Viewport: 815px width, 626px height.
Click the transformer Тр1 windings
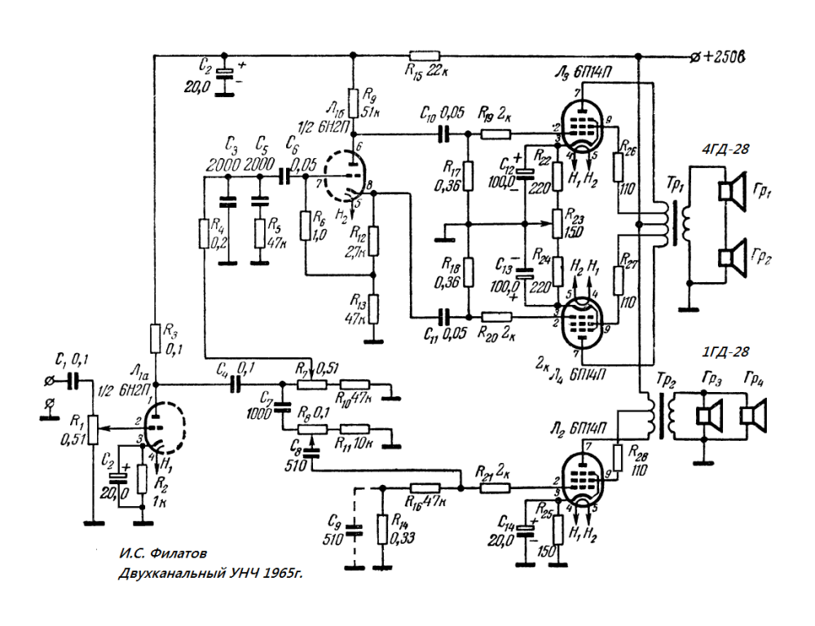[x=673, y=220]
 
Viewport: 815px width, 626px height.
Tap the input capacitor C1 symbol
[x=73, y=381]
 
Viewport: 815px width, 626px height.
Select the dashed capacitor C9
[x=353, y=531]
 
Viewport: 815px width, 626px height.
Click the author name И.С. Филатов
[x=158, y=553]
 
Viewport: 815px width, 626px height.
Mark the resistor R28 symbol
[x=617, y=457]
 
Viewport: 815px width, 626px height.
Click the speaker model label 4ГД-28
[x=725, y=150]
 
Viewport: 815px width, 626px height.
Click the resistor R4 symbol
[x=203, y=234]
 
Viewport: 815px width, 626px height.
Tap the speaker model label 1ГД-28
[x=725, y=354]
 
